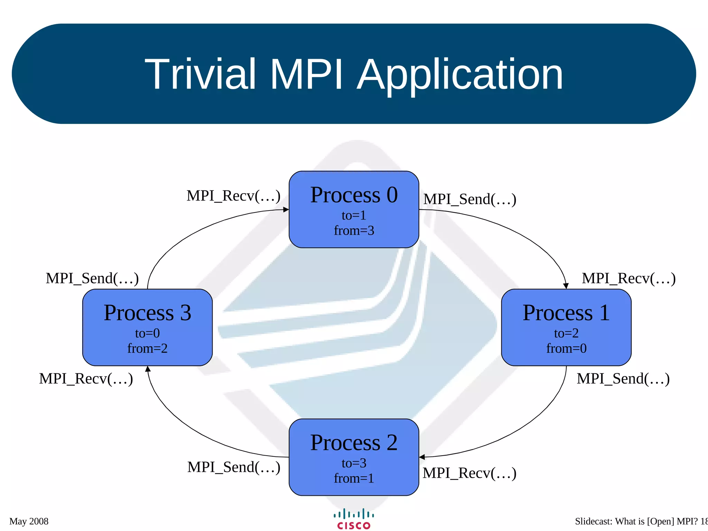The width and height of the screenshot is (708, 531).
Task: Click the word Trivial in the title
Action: (x=200, y=74)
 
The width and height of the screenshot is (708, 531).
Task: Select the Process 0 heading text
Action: (x=354, y=195)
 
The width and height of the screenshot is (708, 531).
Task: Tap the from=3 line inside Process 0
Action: (x=354, y=231)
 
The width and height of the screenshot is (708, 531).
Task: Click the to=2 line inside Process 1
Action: (x=566, y=333)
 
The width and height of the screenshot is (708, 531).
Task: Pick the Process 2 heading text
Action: (x=354, y=442)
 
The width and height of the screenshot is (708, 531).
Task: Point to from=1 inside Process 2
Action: (x=354, y=478)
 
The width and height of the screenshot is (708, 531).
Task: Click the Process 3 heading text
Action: (x=147, y=313)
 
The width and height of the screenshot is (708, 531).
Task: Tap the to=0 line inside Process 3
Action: (x=147, y=333)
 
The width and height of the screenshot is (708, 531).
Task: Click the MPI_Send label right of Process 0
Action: (x=470, y=199)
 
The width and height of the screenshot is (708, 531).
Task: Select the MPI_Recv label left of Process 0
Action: (x=233, y=196)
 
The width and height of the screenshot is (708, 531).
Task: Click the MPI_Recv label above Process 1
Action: (x=628, y=279)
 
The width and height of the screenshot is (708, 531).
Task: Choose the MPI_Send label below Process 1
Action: (x=623, y=379)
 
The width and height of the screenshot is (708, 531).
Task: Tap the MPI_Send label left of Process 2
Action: (x=234, y=467)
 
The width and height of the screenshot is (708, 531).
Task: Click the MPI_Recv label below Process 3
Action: (x=86, y=379)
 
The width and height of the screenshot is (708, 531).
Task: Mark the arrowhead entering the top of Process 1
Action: (x=566, y=286)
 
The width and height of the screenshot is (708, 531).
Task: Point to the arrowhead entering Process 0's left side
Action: (x=286, y=209)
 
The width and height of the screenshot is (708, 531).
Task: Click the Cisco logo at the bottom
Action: (x=354, y=519)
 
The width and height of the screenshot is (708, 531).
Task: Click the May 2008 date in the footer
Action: (x=29, y=521)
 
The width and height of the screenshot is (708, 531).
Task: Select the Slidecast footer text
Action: (x=640, y=521)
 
